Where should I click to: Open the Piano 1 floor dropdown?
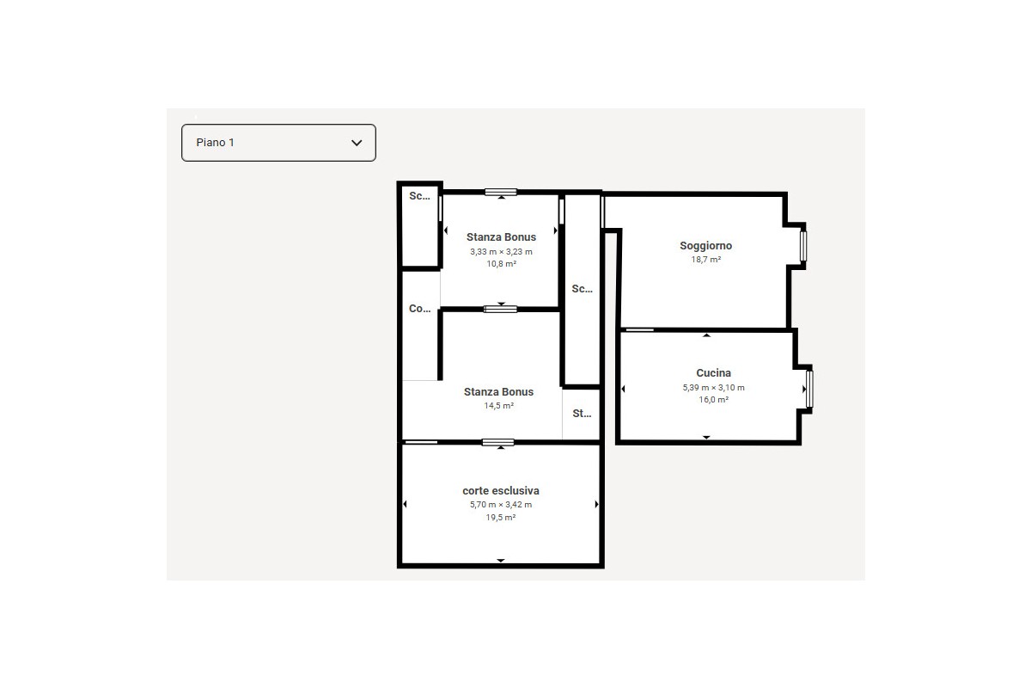tap(278, 143)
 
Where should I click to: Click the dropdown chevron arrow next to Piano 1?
tap(357, 143)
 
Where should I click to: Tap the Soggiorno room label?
tap(705, 246)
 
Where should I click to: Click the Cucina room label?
tap(713, 373)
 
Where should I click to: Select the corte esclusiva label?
tap(501, 491)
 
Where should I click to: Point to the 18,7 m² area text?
tap(705, 260)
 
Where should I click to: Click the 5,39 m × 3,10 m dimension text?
tap(713, 388)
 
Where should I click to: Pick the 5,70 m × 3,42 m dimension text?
tap(501, 505)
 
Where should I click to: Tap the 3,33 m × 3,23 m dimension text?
tap(501, 252)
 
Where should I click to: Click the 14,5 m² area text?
tap(498, 406)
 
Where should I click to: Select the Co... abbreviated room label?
tap(419, 309)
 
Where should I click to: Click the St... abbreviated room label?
tap(582, 414)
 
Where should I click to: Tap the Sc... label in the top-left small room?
tap(419, 196)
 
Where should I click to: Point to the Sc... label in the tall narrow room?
tap(582, 289)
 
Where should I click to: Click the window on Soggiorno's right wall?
tap(804, 246)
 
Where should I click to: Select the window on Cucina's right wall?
tap(809, 389)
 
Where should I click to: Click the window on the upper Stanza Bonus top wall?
tap(501, 192)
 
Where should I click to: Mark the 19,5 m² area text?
tap(501, 518)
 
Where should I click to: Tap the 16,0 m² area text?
tap(713, 400)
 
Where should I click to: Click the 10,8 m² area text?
tap(501, 265)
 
